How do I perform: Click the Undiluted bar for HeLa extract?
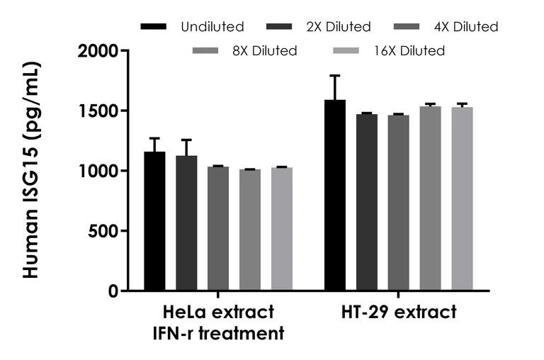pos(154,221)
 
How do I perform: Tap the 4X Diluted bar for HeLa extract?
pos(218,229)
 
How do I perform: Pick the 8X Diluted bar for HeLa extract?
pos(250,230)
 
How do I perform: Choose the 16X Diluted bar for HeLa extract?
pos(282,229)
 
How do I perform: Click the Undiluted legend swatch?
pos(154,27)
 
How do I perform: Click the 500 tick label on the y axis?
pos(106,231)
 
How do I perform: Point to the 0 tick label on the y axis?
pos(114,291)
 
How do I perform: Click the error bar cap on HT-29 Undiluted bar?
pos(334,75)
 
